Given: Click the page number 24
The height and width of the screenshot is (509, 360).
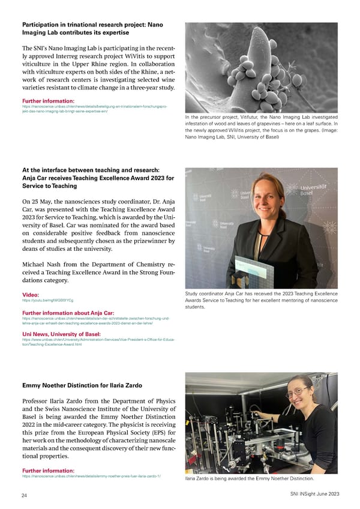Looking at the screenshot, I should [25, 495].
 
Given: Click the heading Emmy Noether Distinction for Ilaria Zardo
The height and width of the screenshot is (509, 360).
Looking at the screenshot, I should [82, 385].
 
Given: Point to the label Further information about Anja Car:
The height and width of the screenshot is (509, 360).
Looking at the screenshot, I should [68, 313].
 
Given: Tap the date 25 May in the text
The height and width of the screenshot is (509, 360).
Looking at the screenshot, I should [42, 202].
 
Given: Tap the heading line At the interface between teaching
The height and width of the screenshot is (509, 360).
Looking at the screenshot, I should [90, 169].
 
